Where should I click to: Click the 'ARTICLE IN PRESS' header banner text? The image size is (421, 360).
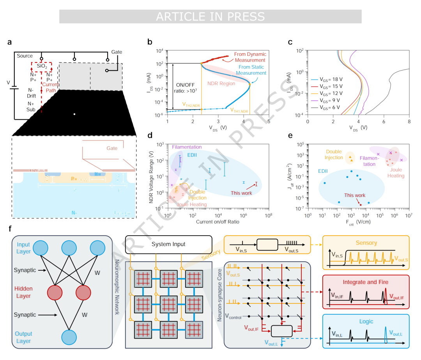pos(210,17)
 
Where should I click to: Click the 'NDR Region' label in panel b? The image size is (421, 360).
pos(221,83)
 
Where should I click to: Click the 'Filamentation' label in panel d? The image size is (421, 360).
pos(187,147)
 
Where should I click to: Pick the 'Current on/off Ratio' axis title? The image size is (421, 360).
pos(218,222)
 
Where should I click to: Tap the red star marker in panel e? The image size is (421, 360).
pos(361,205)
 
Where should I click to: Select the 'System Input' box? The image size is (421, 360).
pos(168,244)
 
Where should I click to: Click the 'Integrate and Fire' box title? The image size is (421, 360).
pos(366,282)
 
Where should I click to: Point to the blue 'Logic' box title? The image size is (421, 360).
pos(366,321)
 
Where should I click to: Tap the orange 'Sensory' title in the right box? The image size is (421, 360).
pos(366,243)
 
